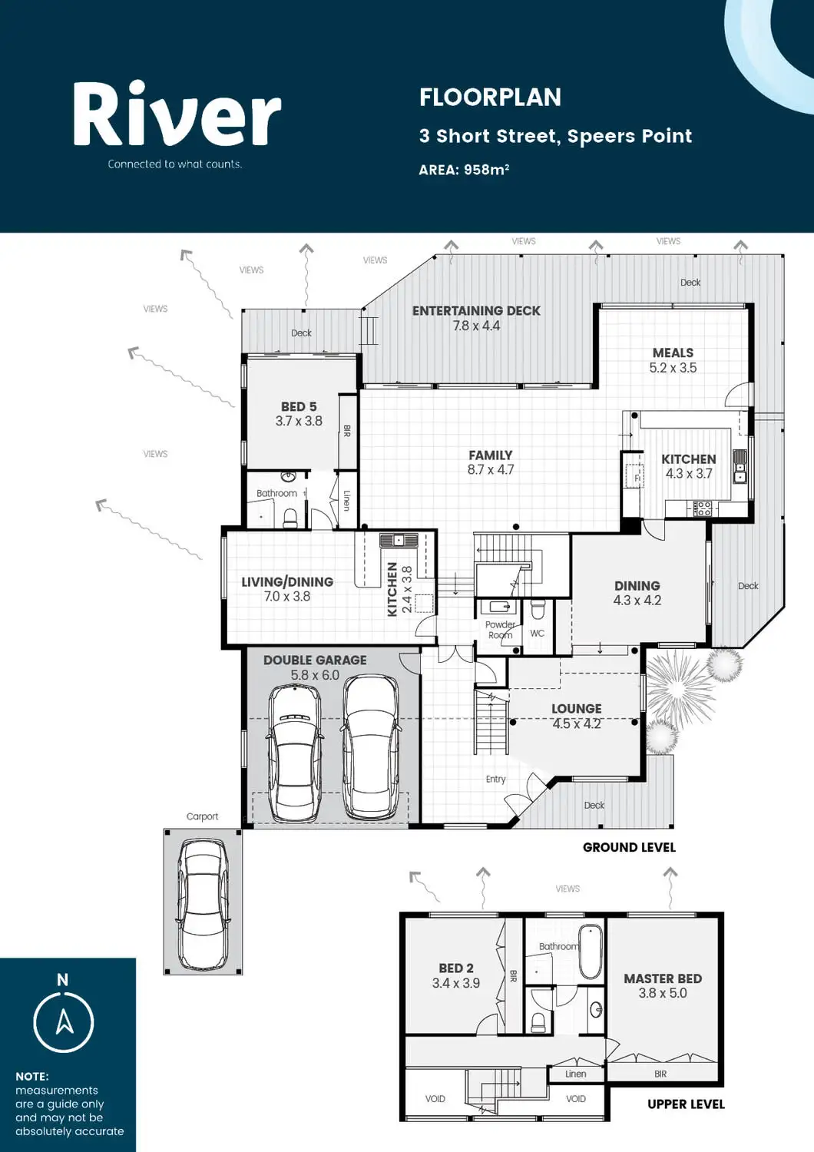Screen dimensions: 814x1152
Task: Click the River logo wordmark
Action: (x=177, y=114)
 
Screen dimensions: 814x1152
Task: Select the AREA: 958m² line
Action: (x=464, y=169)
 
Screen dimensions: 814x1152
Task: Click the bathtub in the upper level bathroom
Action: (x=591, y=952)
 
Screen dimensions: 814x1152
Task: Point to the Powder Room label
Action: (x=501, y=630)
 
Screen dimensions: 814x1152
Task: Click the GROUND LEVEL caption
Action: (x=629, y=847)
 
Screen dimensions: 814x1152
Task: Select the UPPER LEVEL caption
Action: (x=686, y=1104)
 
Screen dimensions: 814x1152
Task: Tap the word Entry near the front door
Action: (x=496, y=780)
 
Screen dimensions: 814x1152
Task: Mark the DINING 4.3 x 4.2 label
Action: (x=637, y=593)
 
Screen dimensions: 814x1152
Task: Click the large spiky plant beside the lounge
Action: (x=679, y=680)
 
